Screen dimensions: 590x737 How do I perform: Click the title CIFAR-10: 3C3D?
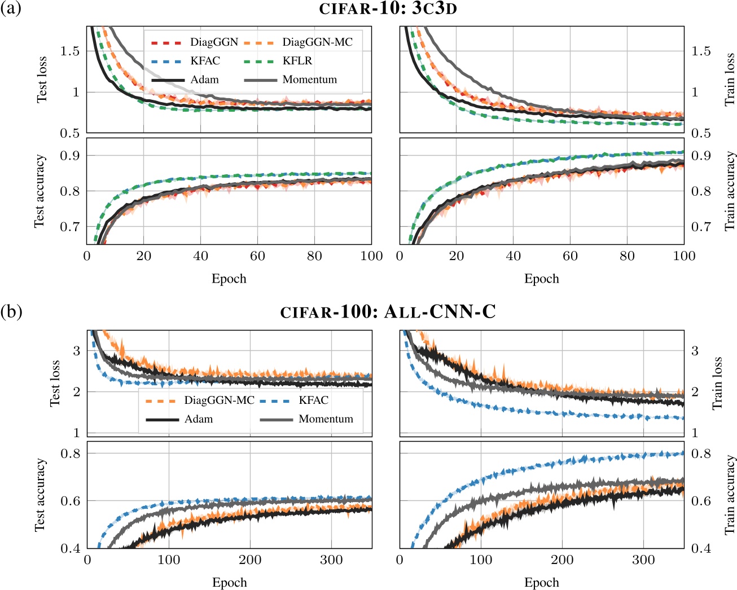pyautogui.click(x=388, y=9)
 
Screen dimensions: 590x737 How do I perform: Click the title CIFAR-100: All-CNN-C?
pyautogui.click(x=388, y=312)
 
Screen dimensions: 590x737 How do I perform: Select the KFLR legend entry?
pyautogui.click(x=297, y=61)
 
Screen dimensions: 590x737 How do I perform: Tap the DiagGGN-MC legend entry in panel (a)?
pyautogui.click(x=317, y=42)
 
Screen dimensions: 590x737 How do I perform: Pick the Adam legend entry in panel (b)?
pyautogui.click(x=199, y=419)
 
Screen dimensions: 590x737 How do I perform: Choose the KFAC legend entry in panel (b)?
pyautogui.click(x=313, y=400)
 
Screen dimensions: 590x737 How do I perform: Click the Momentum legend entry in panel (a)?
pyautogui.click(x=309, y=80)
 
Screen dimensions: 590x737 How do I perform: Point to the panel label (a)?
pyautogui.click(x=11, y=9)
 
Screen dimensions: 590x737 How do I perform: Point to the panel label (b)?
pyautogui.click(x=11, y=312)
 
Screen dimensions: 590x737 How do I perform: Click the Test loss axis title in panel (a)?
pyautogui.click(x=42, y=80)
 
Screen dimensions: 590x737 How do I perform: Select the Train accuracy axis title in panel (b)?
pyautogui.click(x=730, y=495)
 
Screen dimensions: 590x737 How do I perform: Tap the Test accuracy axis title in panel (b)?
pyautogui.click(x=40, y=495)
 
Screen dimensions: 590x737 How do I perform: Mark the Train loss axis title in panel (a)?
pyautogui.click(x=730, y=80)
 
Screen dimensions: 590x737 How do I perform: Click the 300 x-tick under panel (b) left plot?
pyautogui.click(x=331, y=560)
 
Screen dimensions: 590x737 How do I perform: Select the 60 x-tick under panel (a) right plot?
pyautogui.click(x=570, y=256)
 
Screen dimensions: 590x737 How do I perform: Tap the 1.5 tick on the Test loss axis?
pyautogui.click(x=70, y=51)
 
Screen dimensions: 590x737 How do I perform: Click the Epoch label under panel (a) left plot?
pyautogui.click(x=229, y=279)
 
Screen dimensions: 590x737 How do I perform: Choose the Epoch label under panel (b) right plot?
pyautogui.click(x=542, y=583)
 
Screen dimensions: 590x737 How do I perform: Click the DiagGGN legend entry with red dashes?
pyautogui.click(x=214, y=42)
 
